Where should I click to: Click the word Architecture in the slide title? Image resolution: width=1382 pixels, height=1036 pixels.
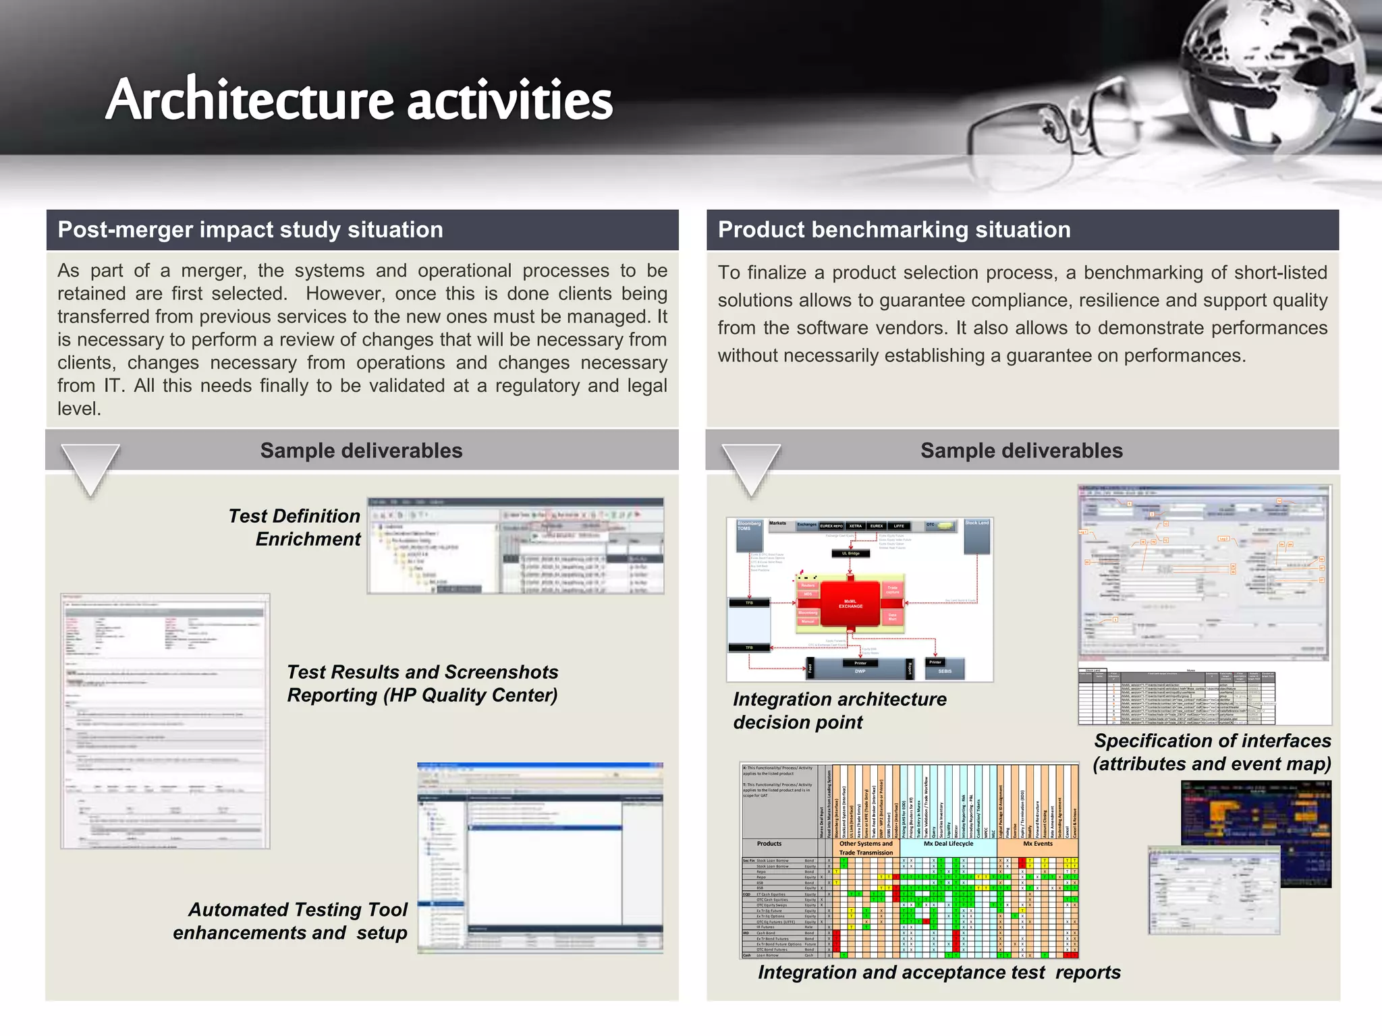[x=250, y=100]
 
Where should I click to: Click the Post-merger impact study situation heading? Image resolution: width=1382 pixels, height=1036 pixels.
[x=250, y=230]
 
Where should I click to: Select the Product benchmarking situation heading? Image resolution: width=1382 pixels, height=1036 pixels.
[x=894, y=230]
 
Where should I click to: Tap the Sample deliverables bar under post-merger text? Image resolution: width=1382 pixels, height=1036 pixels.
[x=361, y=451]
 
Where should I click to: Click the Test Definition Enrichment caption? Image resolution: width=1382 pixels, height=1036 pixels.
[x=295, y=527]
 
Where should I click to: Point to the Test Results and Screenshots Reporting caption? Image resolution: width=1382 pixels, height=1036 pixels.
[x=422, y=683]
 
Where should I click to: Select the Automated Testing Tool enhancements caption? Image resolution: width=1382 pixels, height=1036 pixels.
[x=291, y=921]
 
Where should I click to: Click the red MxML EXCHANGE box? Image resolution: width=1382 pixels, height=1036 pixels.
[x=850, y=604]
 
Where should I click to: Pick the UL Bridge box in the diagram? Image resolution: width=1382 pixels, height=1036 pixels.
[x=850, y=553]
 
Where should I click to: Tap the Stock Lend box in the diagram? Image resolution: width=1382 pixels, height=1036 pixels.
[x=976, y=533]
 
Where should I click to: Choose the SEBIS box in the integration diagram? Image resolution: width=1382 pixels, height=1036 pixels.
[x=944, y=670]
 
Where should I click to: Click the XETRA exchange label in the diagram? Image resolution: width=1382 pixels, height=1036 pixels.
[x=855, y=525]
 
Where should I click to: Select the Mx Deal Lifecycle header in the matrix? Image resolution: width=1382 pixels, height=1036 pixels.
[x=948, y=844]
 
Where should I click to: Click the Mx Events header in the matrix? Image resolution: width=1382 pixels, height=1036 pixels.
[x=1037, y=844]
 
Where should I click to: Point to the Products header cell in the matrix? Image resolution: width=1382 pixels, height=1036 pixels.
[x=769, y=844]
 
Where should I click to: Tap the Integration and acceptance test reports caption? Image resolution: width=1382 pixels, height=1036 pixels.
[x=939, y=972]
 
